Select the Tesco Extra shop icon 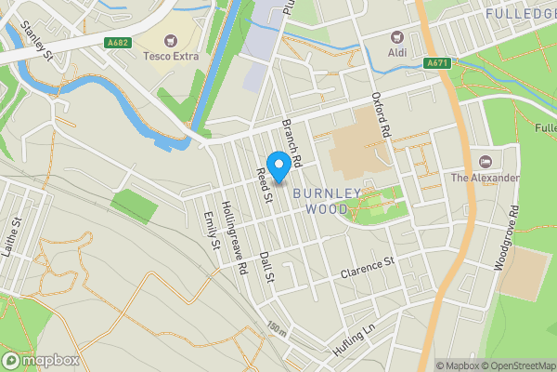[x=171, y=41]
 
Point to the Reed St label [x=265, y=185]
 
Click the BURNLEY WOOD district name [x=326, y=201]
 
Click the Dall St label [x=267, y=268]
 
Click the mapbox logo [x=41, y=360]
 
